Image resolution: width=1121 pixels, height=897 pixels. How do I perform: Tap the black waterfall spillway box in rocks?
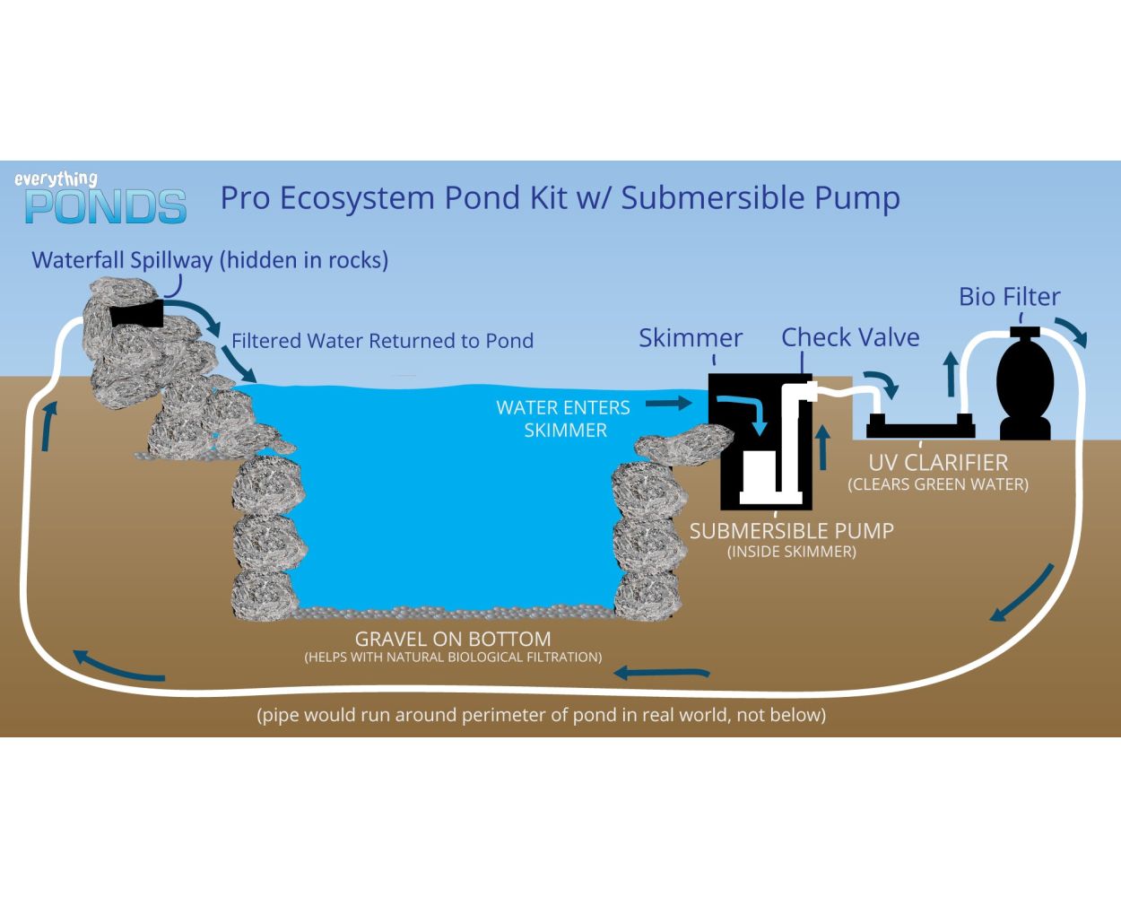pyautogui.click(x=137, y=314)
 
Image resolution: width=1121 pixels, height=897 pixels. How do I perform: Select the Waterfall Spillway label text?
pyautogui.click(x=210, y=260)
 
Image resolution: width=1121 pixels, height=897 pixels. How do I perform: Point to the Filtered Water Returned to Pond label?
pyautogui.click(x=382, y=341)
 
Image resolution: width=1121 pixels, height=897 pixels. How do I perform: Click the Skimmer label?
pyautogui.click(x=690, y=338)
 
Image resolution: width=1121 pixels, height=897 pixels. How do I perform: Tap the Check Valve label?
pyautogui.click(x=849, y=337)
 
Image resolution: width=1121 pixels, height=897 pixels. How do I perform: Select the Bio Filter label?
pyautogui.click(x=1009, y=297)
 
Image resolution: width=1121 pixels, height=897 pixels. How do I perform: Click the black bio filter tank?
pyautogui.click(x=1025, y=386)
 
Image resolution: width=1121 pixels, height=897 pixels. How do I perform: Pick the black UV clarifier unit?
pyautogui.click(x=920, y=425)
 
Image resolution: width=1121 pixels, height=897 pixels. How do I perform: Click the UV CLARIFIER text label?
pyautogui.click(x=937, y=463)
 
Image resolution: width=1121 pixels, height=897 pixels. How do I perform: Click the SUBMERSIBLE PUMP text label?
pyautogui.click(x=791, y=531)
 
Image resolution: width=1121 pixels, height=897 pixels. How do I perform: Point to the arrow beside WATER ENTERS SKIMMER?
pyautogui.click(x=668, y=404)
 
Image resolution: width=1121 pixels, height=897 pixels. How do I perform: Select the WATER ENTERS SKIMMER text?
pyautogui.click(x=564, y=419)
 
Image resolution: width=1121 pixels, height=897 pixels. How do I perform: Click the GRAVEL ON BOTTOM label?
pyautogui.click(x=452, y=640)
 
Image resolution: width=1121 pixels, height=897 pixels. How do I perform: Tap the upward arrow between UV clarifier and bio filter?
pyautogui.click(x=951, y=373)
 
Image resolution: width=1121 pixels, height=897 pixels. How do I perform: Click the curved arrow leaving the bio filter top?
pyautogui.click(x=1071, y=330)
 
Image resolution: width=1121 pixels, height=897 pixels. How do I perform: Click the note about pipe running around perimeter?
pyautogui.click(x=541, y=715)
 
